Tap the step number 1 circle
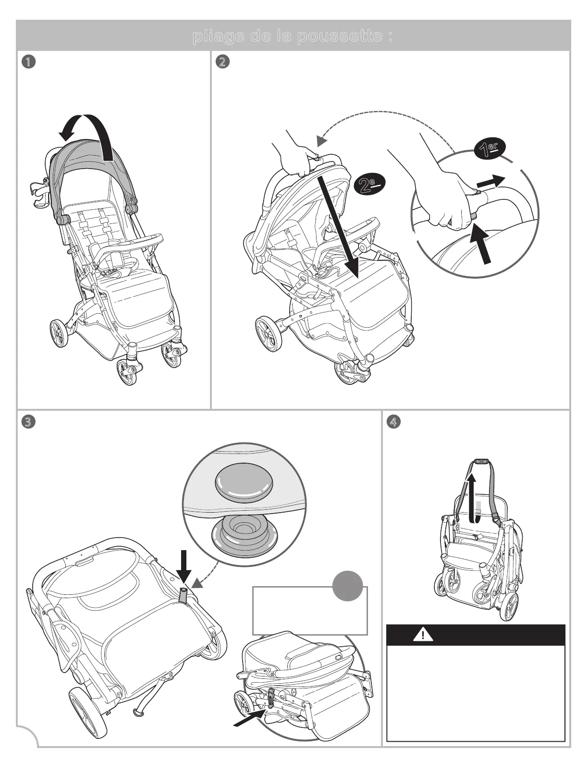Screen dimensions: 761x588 click(29, 62)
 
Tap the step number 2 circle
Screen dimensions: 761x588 click(222, 62)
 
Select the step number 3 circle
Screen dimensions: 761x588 click(29, 422)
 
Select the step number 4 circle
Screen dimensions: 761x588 click(393, 422)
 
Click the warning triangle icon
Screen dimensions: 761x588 click(423, 635)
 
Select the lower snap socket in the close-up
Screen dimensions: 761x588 click(245, 534)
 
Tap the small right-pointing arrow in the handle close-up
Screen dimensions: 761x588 click(490, 182)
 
